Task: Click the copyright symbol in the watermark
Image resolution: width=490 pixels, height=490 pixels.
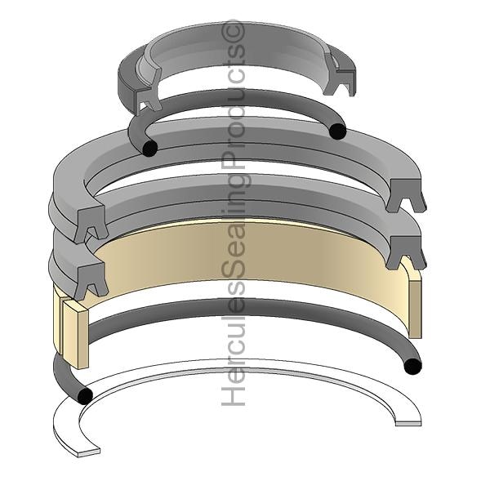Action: coord(233,32)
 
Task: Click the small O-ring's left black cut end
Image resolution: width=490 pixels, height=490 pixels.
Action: coord(149,148)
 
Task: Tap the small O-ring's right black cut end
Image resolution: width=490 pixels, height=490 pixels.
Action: coord(338,131)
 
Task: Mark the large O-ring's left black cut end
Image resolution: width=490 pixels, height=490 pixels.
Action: coord(85,395)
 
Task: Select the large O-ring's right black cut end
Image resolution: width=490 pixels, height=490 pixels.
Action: coord(412,366)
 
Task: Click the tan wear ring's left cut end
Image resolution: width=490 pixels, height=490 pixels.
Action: coord(75,333)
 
